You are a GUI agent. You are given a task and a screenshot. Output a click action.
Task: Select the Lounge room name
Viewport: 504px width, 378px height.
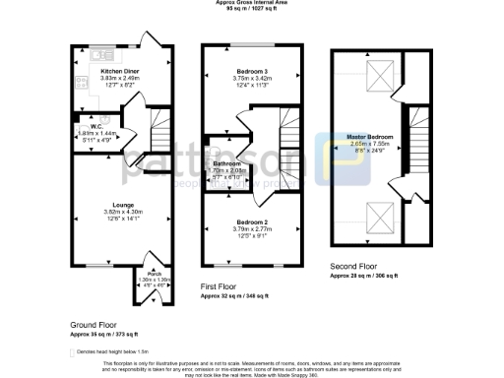(x=109, y=204)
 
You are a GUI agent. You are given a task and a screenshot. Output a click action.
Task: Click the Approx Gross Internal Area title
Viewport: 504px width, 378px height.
(x=251, y=3)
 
